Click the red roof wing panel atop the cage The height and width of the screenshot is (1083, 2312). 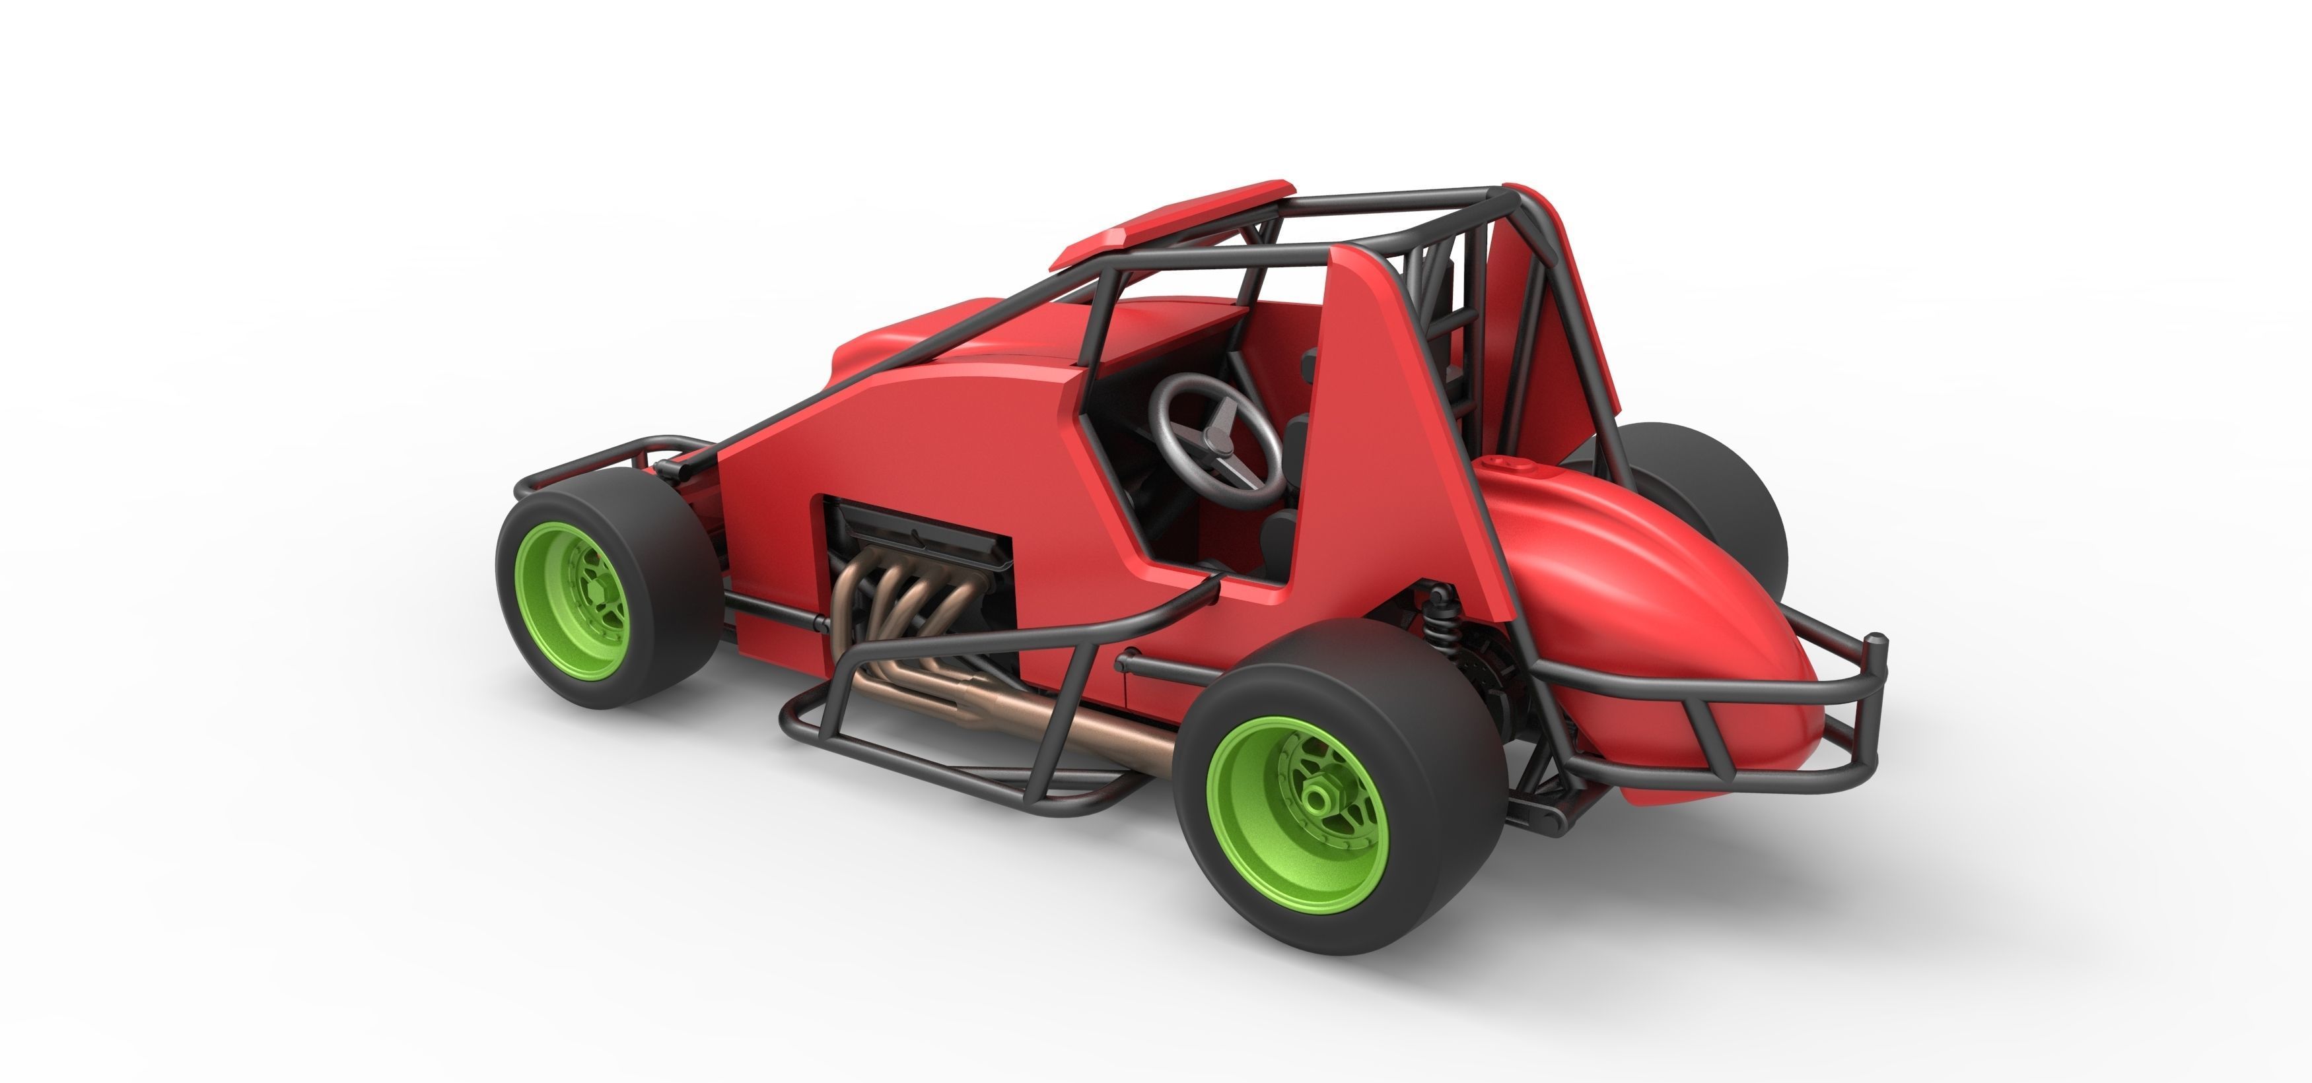click(1167, 220)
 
